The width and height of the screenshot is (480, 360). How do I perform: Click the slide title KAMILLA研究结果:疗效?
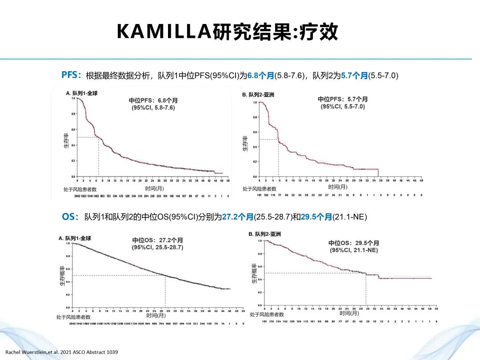point(227,32)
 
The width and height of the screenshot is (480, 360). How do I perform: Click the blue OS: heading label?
point(70,217)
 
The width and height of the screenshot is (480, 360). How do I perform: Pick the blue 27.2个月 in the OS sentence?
point(237,217)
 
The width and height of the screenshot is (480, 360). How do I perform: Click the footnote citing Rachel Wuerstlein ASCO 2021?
point(61,352)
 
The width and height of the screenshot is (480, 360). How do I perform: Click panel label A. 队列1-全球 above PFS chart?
point(82,93)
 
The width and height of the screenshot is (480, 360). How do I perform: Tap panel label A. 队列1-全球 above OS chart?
point(75,238)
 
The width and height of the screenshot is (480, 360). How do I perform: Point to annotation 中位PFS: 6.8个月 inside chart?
point(153,100)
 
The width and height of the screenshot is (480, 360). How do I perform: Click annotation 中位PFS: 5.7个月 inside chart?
point(343,99)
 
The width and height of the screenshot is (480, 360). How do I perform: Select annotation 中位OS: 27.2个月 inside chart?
point(158,240)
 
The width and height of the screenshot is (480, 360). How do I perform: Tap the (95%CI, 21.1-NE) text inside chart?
point(354,250)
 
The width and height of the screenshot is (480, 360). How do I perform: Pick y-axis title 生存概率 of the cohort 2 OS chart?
point(254,276)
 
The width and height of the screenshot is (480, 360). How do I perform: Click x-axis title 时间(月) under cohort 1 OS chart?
point(156,315)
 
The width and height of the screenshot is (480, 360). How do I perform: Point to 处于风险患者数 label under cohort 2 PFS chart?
point(260,189)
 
